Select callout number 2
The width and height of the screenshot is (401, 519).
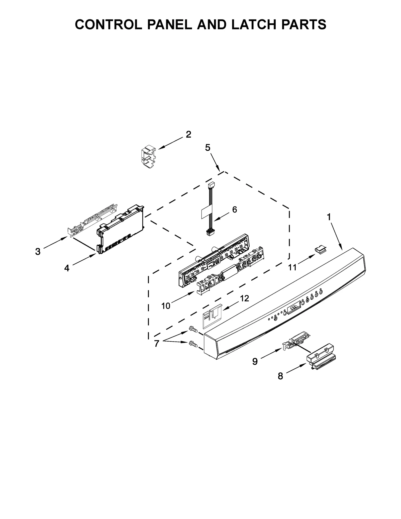pyautogui.click(x=188, y=135)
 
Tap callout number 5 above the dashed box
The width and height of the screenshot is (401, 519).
pyautogui.click(x=208, y=148)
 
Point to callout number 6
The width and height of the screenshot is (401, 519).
pyautogui.click(x=235, y=209)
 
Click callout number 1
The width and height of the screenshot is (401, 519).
pyautogui.click(x=329, y=217)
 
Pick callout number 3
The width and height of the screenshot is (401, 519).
pyautogui.click(x=38, y=252)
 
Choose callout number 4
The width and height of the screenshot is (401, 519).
pyautogui.click(x=66, y=268)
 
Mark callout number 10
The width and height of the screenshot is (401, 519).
pyautogui.click(x=166, y=306)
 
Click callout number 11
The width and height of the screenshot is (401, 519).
pyautogui.click(x=292, y=268)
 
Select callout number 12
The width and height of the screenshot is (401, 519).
pyautogui.click(x=245, y=298)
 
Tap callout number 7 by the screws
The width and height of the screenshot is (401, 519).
pyautogui.click(x=157, y=344)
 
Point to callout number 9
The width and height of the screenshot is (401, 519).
pyautogui.click(x=255, y=361)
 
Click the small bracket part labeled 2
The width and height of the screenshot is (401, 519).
pyautogui.click(x=148, y=158)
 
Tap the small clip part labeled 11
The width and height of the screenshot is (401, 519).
pyautogui.click(x=320, y=250)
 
